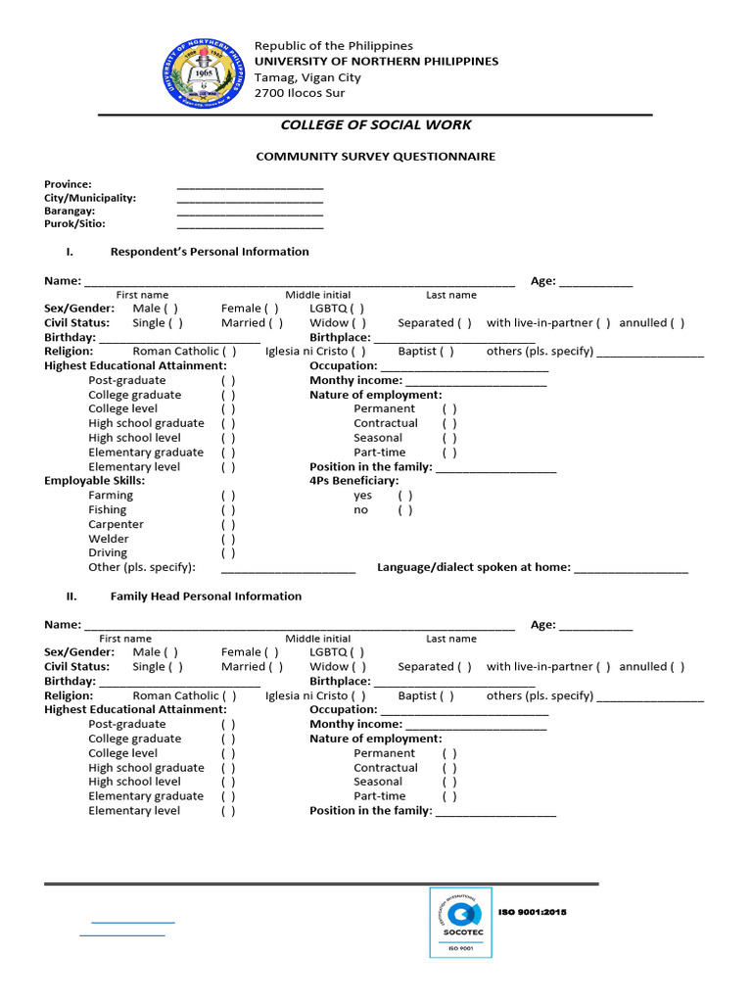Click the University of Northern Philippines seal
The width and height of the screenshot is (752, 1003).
(203, 74)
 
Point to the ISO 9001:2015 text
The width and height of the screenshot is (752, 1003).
(533, 912)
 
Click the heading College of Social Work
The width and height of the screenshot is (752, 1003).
(376, 124)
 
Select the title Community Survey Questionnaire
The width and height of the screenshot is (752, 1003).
(376, 156)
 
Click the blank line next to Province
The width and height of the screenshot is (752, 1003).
(250, 185)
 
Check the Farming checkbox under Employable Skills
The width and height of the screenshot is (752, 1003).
(228, 496)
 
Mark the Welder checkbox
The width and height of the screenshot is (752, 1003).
(228, 539)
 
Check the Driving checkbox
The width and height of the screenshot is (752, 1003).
(228, 553)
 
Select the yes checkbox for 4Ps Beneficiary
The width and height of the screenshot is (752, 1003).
(404, 496)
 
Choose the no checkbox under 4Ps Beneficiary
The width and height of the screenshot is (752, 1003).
(404, 510)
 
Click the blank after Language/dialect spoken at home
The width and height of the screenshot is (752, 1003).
(631, 568)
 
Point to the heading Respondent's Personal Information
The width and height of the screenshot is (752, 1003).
(210, 252)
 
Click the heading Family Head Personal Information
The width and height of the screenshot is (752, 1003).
(206, 596)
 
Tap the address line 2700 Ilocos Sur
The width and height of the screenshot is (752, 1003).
(300, 93)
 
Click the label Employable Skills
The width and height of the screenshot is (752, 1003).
(95, 481)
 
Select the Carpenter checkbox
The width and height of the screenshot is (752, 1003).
(228, 524)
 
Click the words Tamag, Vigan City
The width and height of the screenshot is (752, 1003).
(307, 77)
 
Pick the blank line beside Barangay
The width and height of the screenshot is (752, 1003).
(250, 212)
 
